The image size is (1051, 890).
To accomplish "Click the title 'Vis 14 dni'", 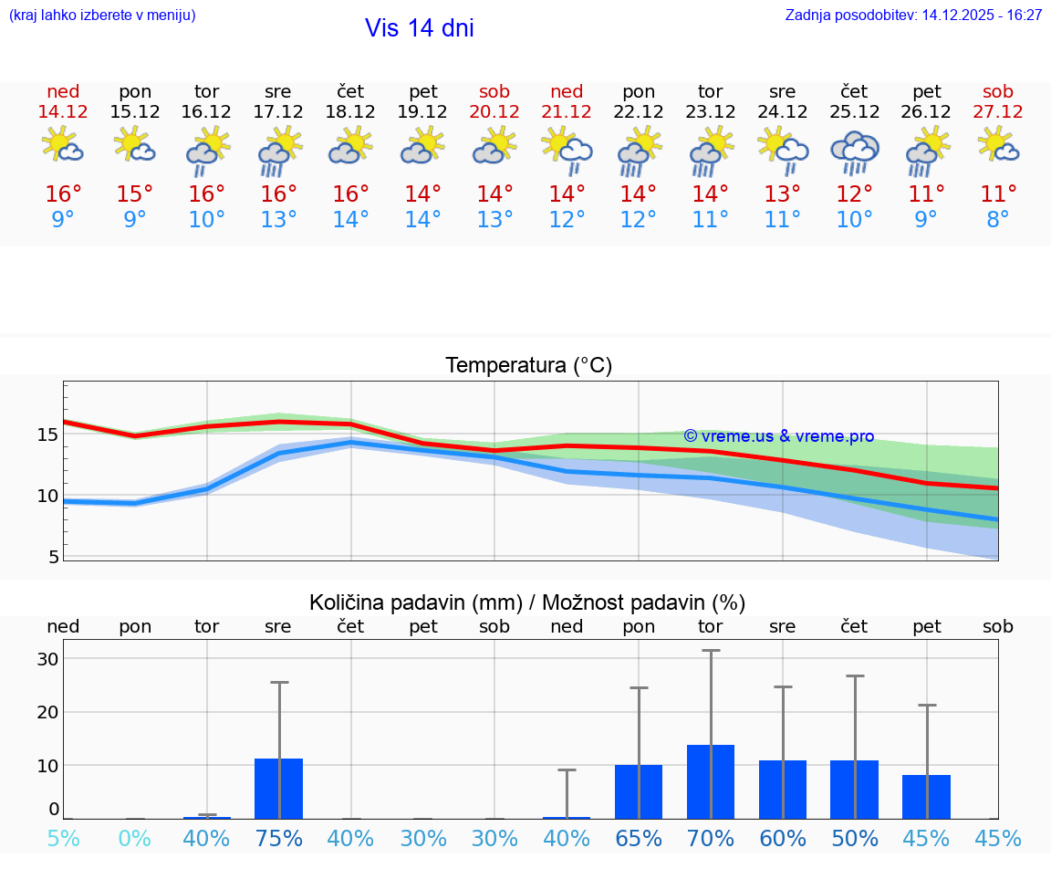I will tap(419, 28).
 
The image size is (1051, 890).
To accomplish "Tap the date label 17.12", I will tap(278, 111).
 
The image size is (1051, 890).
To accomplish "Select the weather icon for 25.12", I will tap(854, 152).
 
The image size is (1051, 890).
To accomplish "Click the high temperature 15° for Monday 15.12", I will tap(135, 194).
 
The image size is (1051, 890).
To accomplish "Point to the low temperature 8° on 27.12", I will tap(998, 220).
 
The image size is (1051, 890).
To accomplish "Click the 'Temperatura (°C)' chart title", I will tap(528, 366).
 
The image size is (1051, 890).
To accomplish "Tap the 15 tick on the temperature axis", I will tap(47, 435).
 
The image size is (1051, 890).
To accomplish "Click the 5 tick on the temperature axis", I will tap(53, 557).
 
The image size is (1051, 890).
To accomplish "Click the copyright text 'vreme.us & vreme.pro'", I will tap(778, 436).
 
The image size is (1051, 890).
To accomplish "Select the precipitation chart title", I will tap(527, 602).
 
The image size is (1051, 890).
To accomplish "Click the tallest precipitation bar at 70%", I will tap(711, 781).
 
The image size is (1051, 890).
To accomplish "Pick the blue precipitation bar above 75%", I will tap(278, 788).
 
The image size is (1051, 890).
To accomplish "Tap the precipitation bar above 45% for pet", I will tap(926, 796).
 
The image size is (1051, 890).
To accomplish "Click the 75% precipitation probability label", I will tap(278, 839).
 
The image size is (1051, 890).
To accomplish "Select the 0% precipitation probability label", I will tap(135, 839).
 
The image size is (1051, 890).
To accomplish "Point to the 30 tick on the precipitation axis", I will tap(47, 659).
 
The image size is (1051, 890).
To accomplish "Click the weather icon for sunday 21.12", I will tap(567, 150).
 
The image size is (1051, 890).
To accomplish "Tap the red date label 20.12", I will tap(494, 111).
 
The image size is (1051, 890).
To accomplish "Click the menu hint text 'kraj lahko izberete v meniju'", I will tap(102, 16).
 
